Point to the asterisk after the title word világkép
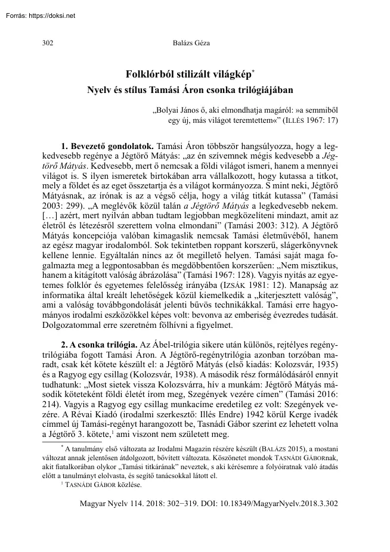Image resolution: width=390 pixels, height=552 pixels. pyautogui.click(x=253, y=72)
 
